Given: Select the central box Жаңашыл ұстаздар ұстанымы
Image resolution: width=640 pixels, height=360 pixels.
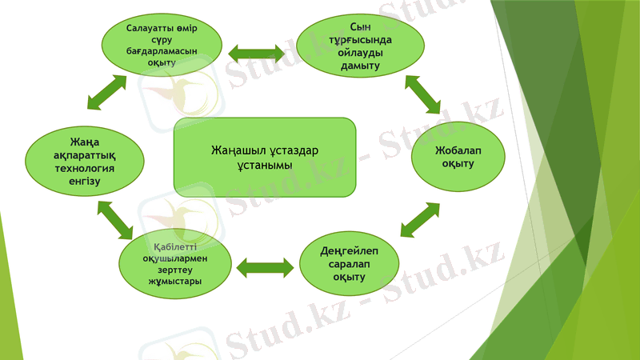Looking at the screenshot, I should click(x=264, y=158).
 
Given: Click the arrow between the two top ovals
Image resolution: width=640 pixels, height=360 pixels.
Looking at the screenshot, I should click(x=257, y=53).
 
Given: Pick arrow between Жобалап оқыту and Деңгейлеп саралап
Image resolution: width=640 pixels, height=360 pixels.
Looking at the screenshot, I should click(x=419, y=219).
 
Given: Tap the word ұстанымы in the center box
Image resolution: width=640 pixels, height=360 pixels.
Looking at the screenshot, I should click(x=265, y=165).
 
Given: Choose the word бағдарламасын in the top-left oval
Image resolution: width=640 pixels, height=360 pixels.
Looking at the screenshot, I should click(x=162, y=51).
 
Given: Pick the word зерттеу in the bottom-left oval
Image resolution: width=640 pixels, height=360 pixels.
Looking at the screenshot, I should click(x=175, y=270).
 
